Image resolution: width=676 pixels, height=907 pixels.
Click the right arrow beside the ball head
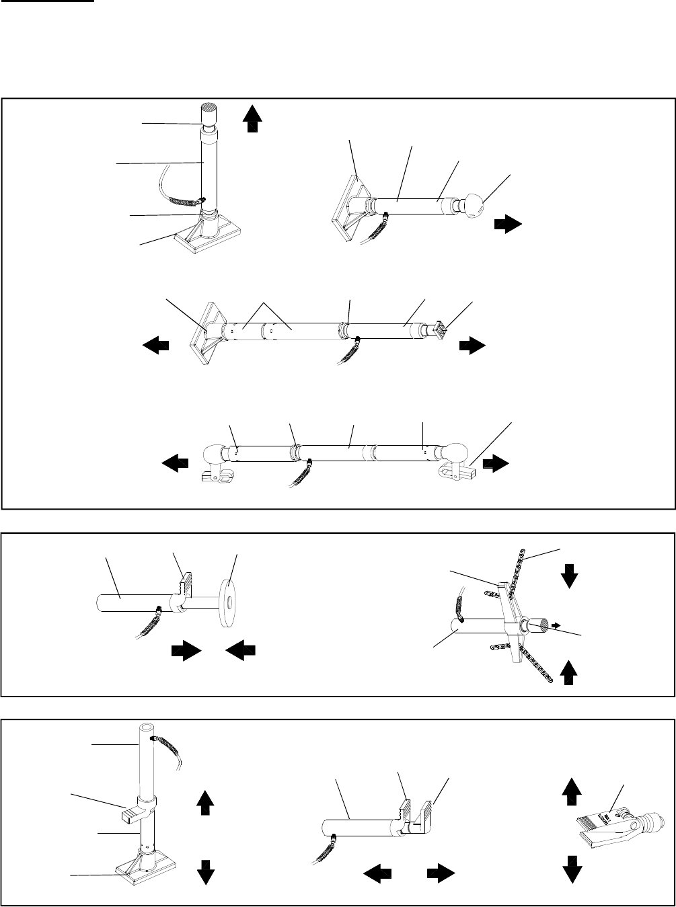click(x=507, y=225)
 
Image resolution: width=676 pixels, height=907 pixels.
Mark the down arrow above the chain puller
click(x=570, y=576)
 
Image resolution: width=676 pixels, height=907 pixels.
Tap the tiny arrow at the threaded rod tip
click(x=555, y=623)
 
